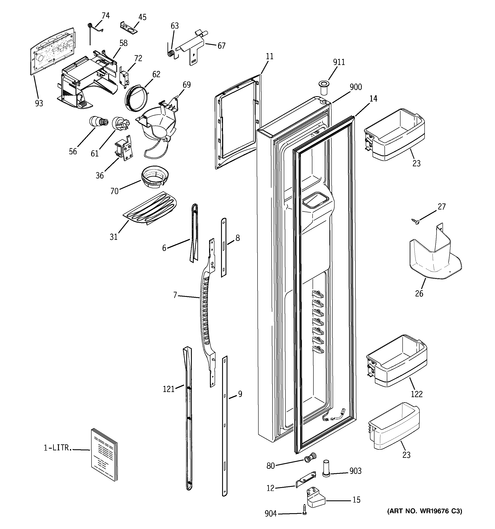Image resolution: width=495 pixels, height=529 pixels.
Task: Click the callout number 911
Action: [x=339, y=62]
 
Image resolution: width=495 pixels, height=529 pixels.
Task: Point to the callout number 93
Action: [x=39, y=103]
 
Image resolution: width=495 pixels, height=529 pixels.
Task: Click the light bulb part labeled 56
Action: [x=98, y=122]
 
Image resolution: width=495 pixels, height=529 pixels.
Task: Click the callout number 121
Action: [x=169, y=389]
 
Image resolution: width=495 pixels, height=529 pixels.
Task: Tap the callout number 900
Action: [x=355, y=87]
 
